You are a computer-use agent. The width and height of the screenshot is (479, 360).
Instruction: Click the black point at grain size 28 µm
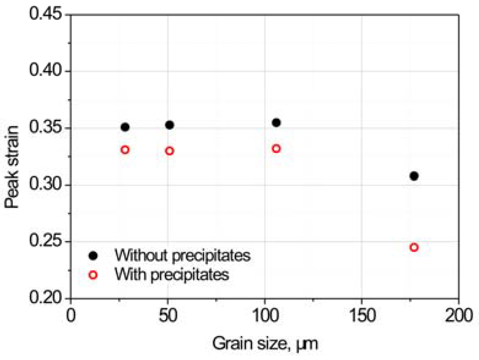125,127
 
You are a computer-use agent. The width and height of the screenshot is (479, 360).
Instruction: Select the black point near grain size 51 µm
170,125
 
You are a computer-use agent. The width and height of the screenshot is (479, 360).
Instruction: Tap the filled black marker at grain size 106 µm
276,123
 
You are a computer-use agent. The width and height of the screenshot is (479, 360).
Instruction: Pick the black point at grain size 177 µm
414,176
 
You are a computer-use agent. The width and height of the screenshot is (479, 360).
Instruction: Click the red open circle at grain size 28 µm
125,150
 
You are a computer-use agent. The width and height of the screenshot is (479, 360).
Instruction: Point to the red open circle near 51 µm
170,151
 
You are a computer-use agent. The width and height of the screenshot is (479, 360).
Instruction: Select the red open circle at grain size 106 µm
276,149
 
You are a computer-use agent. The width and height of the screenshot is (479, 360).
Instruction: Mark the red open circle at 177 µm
414,247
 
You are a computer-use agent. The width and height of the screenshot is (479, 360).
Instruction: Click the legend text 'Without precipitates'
182,255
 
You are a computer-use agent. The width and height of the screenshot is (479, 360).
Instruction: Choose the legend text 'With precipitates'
172,274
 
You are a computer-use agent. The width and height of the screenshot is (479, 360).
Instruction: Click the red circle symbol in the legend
93,275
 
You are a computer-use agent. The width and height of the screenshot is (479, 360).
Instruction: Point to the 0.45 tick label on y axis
45,14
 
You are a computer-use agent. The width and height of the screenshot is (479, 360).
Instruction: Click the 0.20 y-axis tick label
45,297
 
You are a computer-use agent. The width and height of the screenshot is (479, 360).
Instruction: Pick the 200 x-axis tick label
459,315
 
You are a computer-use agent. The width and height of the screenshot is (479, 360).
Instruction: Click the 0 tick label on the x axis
71,315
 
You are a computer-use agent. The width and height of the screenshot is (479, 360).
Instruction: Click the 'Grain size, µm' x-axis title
265,344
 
